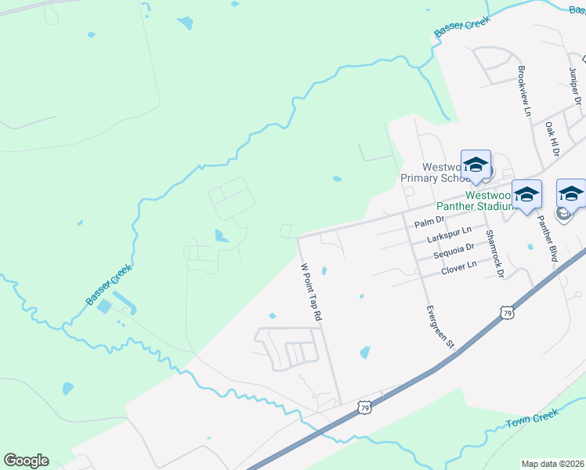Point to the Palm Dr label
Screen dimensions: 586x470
(429, 221)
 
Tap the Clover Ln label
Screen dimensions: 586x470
(459, 267)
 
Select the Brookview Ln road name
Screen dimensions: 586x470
(523, 91)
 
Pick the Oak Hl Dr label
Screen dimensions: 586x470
(551, 138)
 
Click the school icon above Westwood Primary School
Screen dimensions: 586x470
(476, 164)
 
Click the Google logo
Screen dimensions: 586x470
(26, 461)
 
